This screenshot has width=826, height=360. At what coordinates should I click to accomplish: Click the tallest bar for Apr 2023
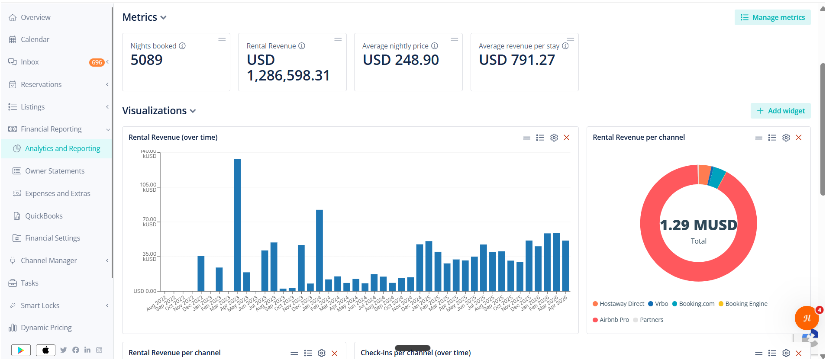pos(237,225)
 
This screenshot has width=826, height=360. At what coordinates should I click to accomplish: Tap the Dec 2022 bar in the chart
pos(201,273)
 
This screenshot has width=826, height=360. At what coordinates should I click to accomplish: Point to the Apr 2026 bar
pos(565,266)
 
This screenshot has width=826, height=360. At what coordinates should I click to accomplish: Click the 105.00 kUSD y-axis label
pos(148,187)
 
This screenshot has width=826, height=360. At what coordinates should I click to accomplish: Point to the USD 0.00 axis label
pos(145,291)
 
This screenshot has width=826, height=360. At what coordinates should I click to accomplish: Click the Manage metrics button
pos(773,17)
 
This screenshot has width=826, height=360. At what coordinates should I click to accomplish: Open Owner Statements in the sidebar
pos(55,171)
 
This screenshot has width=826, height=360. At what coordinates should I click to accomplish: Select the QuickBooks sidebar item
pos(44,216)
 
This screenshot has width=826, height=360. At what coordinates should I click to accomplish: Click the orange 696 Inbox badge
pos(97,62)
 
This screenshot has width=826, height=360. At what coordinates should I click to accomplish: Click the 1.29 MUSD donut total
pos(698,225)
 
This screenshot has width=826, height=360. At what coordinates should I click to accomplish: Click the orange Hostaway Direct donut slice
pos(704,174)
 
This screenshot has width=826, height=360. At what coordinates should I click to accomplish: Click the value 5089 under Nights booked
pos(147,60)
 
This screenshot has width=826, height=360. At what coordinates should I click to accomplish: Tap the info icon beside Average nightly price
pos(435,46)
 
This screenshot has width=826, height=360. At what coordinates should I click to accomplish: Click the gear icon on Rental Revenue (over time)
pos(554,138)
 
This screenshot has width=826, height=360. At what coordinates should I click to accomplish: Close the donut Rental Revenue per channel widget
pos(799,138)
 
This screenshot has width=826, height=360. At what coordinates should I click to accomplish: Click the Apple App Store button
pos(45,350)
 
